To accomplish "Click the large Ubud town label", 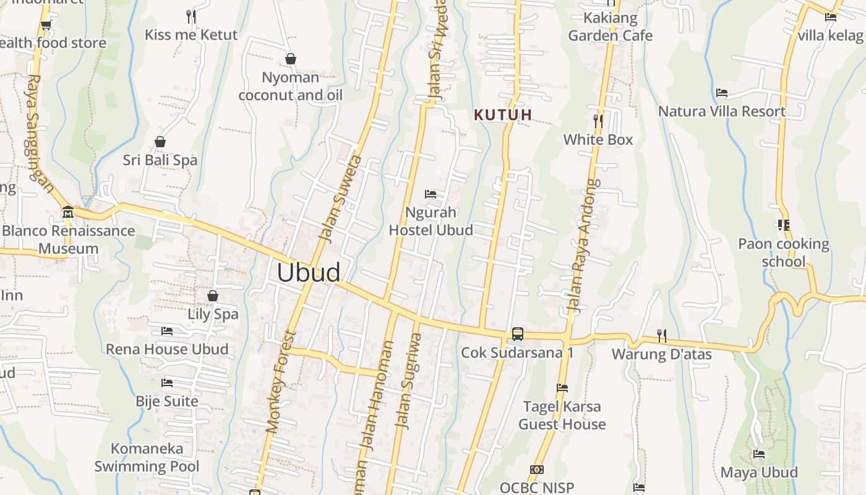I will (x=309, y=273).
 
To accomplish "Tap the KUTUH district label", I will (x=503, y=114).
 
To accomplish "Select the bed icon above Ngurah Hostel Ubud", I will (x=431, y=194).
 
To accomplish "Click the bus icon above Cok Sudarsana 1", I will (x=518, y=334).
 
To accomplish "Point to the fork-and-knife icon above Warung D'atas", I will (x=662, y=336).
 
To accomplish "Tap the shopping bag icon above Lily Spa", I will (x=213, y=296).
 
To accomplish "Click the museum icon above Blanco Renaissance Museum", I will (x=68, y=212).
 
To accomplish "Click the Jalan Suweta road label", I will (x=339, y=198).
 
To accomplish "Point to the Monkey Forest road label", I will (x=281, y=382).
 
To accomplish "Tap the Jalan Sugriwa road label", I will (x=409, y=381).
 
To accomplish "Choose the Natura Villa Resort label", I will (x=722, y=111).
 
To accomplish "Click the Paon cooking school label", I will (x=784, y=252).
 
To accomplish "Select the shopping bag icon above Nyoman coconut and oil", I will (x=291, y=59).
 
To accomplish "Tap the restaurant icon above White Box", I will (x=598, y=121).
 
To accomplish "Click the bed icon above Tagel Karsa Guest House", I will (x=562, y=388).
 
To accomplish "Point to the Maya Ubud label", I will (x=759, y=472).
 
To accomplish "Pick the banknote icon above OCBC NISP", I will (x=537, y=470).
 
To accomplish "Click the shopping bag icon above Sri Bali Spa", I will (x=160, y=142).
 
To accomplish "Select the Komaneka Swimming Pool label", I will (x=147, y=457).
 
